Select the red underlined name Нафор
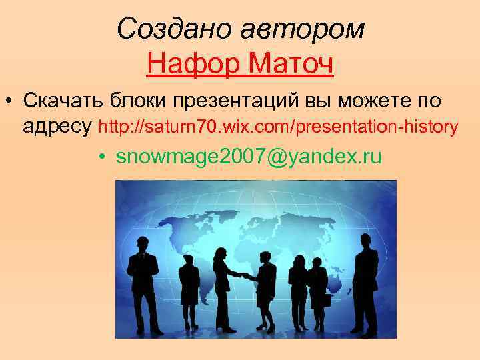pyautogui.click(x=193, y=65)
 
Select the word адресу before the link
pyautogui.click(x=57, y=126)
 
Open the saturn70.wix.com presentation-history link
pyautogui.click(x=278, y=126)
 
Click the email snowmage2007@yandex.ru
pyautogui.click(x=249, y=157)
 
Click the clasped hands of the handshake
pyautogui.click(x=244, y=275)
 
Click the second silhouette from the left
pyautogui.click(x=189, y=290)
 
